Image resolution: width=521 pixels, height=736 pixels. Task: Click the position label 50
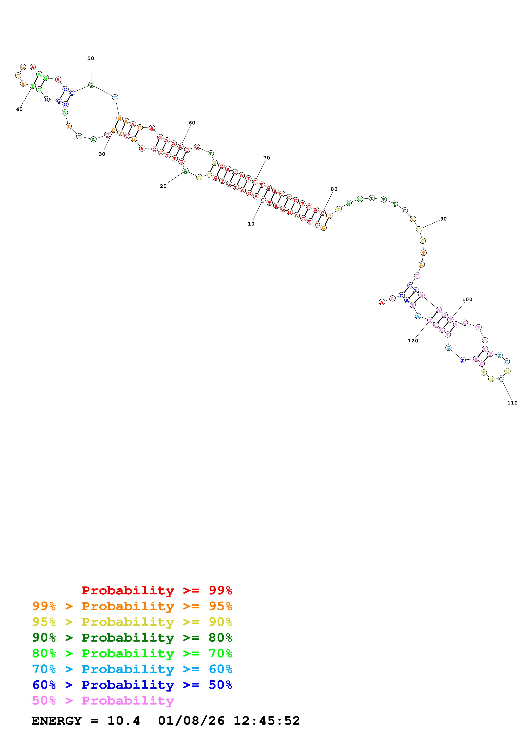(x=91, y=58)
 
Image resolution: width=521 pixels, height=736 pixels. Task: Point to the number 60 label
(x=192, y=123)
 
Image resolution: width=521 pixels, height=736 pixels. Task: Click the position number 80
(x=334, y=189)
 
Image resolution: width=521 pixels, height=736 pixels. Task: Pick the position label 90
(x=443, y=219)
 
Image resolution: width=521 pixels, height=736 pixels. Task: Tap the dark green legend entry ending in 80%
(x=132, y=638)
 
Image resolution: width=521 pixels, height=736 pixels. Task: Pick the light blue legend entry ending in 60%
(x=132, y=669)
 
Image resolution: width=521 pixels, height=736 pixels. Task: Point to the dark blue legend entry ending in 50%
(x=132, y=685)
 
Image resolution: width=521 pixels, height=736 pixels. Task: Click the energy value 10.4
(x=124, y=721)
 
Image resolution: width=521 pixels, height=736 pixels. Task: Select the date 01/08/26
(x=191, y=721)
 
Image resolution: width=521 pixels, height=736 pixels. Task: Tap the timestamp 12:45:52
(x=267, y=721)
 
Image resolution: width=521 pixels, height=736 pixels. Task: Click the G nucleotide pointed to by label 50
(x=91, y=85)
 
